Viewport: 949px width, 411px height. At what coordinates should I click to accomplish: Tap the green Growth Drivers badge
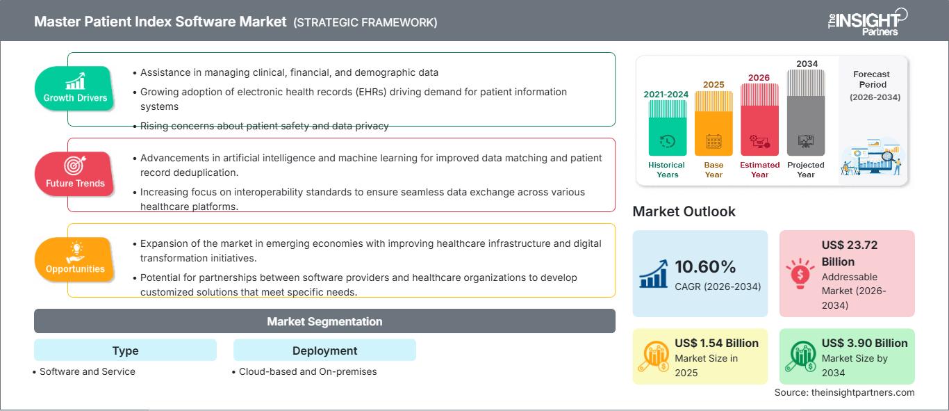(x=75, y=89)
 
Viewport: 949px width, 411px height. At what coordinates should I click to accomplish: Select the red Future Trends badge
(x=75, y=175)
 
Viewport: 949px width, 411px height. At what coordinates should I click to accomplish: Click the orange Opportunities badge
(x=75, y=259)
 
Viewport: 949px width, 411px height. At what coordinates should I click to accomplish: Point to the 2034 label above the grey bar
(x=807, y=63)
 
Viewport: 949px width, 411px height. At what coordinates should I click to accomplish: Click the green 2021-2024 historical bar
(x=667, y=128)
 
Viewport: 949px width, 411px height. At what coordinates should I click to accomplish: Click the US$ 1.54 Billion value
(x=716, y=343)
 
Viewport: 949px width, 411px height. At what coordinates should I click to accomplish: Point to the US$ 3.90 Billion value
(x=864, y=343)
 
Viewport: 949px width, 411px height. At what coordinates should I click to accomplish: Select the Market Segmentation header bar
(x=324, y=321)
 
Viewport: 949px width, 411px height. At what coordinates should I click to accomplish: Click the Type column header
(x=125, y=350)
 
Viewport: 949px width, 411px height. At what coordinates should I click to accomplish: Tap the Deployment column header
(x=324, y=350)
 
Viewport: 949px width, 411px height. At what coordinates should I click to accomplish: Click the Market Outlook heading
(x=684, y=211)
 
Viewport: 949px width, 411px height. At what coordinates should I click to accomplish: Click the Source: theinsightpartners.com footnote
(x=844, y=393)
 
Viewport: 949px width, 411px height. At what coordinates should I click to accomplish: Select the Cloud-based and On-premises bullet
(x=307, y=371)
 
